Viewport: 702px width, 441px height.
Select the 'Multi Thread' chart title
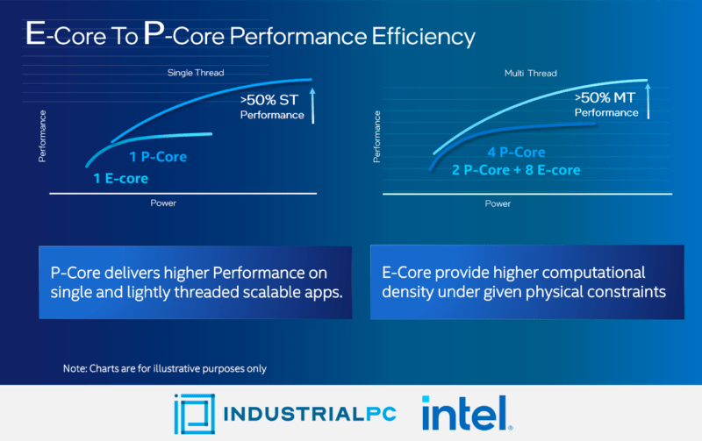(x=530, y=73)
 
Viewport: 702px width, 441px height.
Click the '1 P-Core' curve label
(x=158, y=157)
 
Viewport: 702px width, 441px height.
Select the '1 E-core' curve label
(x=121, y=178)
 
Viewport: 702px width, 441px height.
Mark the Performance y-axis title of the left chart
(x=42, y=136)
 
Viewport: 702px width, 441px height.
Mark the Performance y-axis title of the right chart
(x=377, y=136)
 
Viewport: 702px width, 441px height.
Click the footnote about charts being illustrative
(x=164, y=369)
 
